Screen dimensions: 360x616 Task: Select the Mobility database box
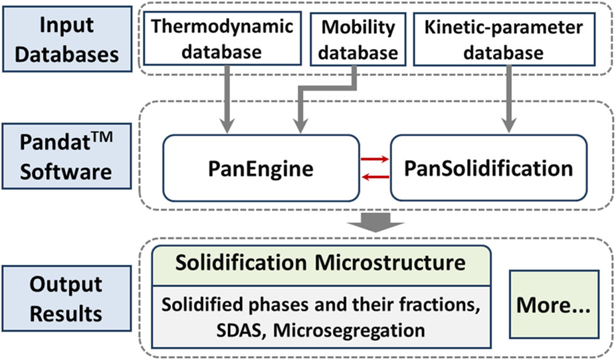point(358,39)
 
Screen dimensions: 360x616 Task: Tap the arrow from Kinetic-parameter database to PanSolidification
point(509,100)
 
